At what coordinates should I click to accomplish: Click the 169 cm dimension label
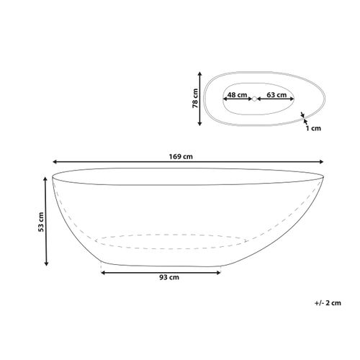(x=181, y=157)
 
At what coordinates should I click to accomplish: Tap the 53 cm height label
(x=41, y=222)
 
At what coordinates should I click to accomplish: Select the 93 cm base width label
(x=169, y=277)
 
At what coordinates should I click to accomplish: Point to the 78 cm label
(x=195, y=99)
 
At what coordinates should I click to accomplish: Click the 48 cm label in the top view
(x=237, y=95)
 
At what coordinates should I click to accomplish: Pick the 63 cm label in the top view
(x=276, y=95)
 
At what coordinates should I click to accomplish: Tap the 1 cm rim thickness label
(x=313, y=128)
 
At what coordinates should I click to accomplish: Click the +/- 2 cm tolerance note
(x=328, y=303)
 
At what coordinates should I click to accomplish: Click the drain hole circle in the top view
(x=254, y=99)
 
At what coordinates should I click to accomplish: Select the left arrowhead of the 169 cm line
(x=55, y=162)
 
